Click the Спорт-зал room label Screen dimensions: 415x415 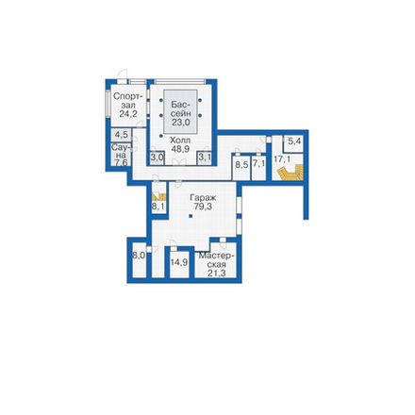pos(128,100)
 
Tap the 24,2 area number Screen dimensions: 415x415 pos(128,113)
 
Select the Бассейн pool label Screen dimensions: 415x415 pos(180,108)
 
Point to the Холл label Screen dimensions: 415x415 pos(180,140)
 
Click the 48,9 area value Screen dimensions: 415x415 pos(180,149)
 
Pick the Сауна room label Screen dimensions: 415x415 pos(119,151)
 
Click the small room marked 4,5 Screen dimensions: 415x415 pos(121,135)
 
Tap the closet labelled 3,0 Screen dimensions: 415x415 pos(157,158)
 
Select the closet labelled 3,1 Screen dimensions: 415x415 pos(205,158)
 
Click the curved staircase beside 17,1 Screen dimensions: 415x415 pos(290,174)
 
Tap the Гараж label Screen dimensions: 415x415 pos(203,198)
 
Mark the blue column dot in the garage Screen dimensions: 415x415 pos(191,216)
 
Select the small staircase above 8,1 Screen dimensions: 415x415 pos(158,197)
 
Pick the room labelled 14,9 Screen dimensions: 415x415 pos(179,262)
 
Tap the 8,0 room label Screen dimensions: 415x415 pos(139,256)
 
